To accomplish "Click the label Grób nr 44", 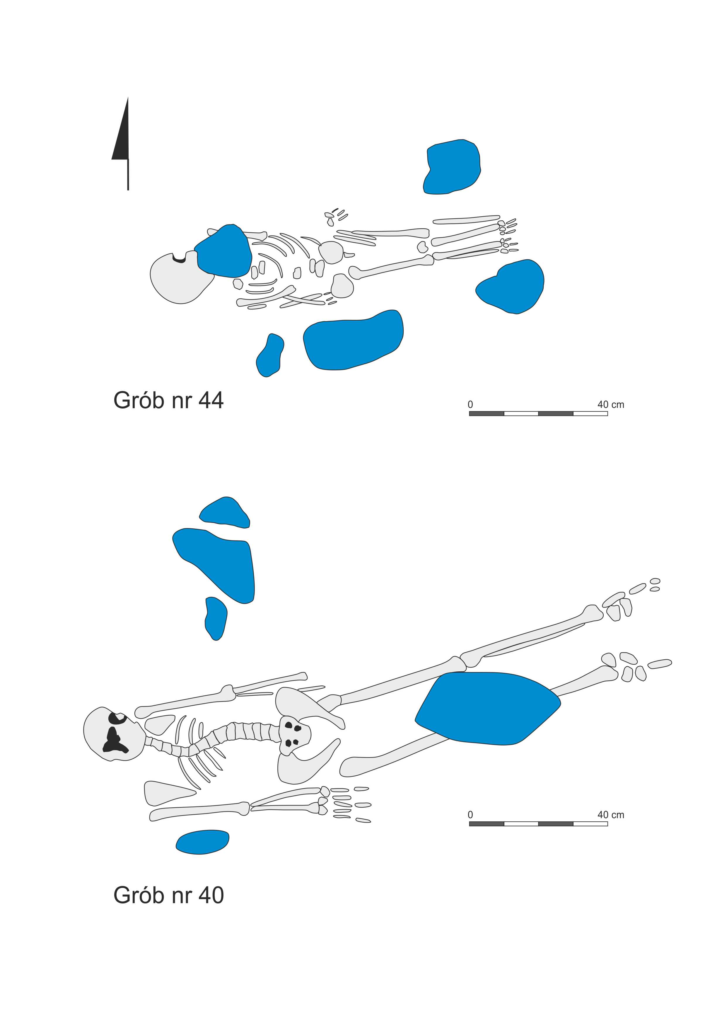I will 168,400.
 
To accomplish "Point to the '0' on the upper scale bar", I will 470,405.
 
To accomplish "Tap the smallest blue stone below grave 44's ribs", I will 270,355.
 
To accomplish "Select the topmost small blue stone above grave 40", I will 225,511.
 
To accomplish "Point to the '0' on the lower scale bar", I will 470,815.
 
